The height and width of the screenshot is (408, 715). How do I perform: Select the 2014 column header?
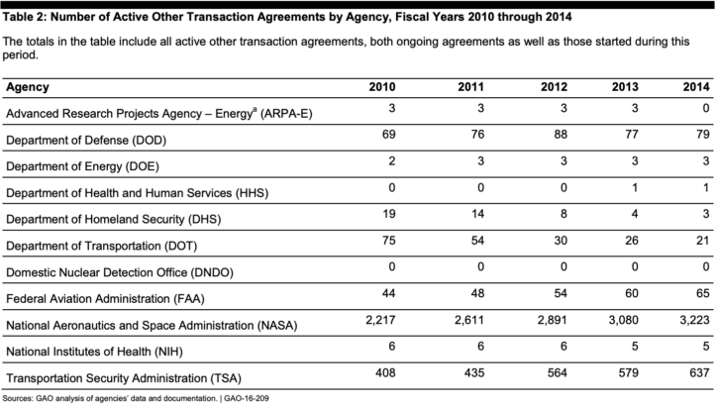695,87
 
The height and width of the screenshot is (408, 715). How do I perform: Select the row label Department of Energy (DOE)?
81,165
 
